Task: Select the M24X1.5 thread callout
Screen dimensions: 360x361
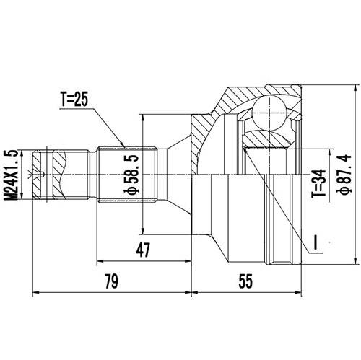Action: click(x=10, y=172)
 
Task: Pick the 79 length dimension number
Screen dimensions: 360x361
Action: click(x=111, y=279)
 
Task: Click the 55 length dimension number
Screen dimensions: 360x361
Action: click(x=245, y=279)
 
